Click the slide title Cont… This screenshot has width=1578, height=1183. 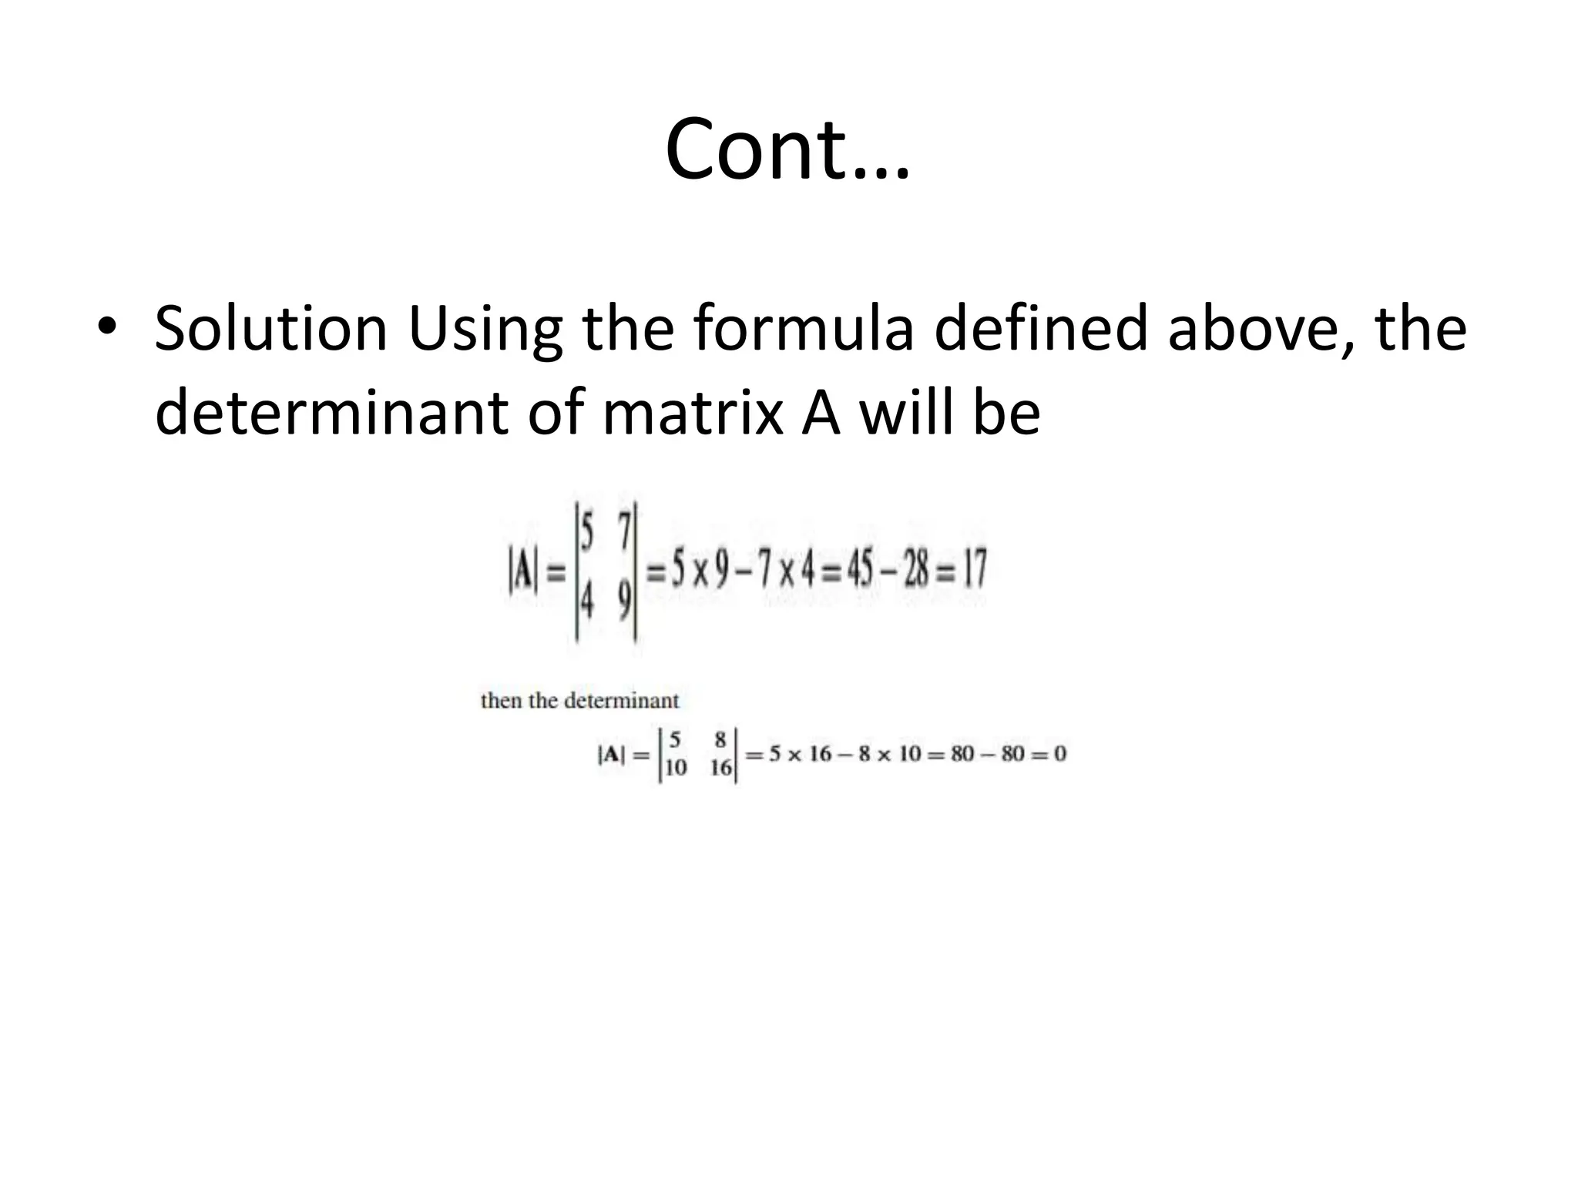click(787, 149)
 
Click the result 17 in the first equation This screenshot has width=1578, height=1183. click(974, 570)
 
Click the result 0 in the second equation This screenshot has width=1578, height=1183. click(1059, 753)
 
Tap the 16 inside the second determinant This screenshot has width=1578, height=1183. click(721, 768)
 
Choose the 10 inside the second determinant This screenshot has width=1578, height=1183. click(675, 768)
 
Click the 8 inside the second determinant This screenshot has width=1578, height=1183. click(720, 740)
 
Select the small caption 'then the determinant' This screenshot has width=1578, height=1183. click(579, 701)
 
